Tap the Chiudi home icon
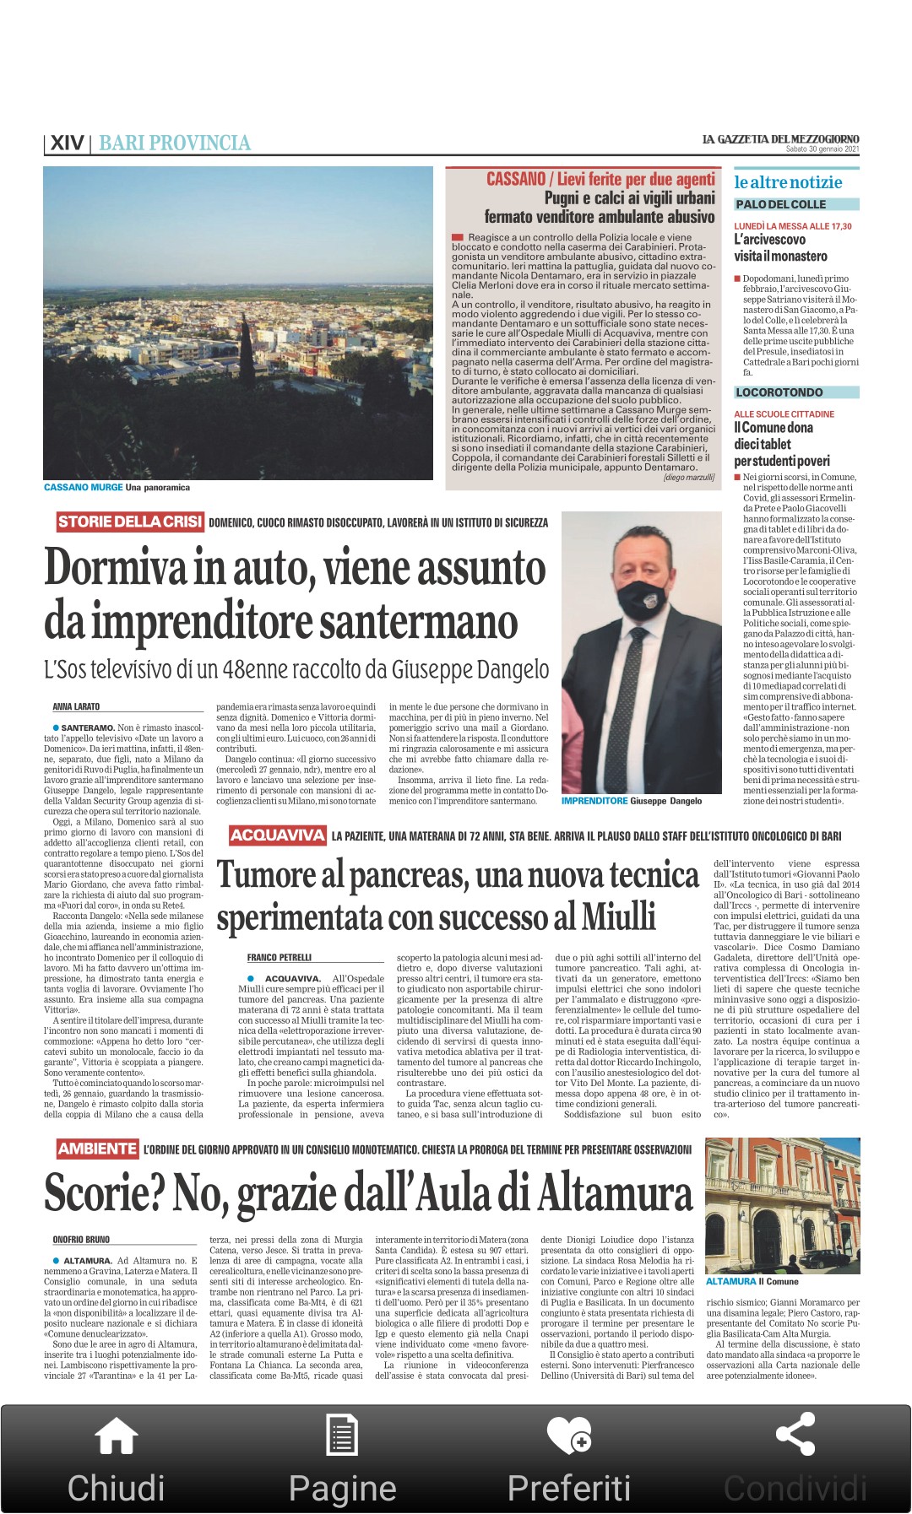pos(117,1436)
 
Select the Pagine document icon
pos(342,1435)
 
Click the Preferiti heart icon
pos(568,1435)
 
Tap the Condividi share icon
pos(795,1435)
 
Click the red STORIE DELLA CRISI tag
pos(131,522)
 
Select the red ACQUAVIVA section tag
pos(278,835)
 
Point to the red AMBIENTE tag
pos(97,1149)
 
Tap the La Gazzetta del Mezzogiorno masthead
pos(780,139)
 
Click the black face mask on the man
pos(641,598)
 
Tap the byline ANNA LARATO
pos(76,706)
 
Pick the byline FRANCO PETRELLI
pos(280,958)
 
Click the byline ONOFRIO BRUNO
pos(81,1240)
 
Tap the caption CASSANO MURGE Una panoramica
pos(117,487)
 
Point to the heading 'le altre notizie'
pos(788,182)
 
